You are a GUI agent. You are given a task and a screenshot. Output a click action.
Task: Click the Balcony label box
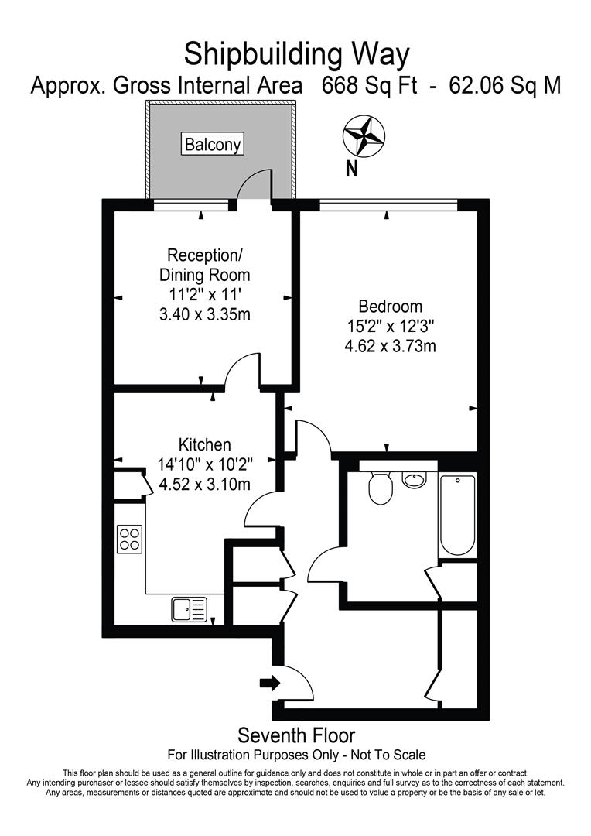coord(213,144)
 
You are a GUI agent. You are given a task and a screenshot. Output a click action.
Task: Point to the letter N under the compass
coord(352,168)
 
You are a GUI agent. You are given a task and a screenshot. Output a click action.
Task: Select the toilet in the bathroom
coord(380,488)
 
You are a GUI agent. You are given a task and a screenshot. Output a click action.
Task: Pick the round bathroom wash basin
coord(415,479)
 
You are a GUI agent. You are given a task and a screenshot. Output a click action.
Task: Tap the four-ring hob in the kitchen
coord(129,538)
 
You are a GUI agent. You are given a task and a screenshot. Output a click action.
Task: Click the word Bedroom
coord(390,306)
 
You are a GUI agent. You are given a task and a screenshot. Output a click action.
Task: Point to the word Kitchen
coord(205,445)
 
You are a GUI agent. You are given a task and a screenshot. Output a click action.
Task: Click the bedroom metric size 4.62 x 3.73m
coord(390,346)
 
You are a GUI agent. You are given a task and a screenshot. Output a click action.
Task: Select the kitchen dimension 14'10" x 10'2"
coord(205,465)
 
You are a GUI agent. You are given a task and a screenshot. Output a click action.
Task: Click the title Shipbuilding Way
coord(295,54)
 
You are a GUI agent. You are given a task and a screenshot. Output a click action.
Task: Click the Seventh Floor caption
coord(296,735)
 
